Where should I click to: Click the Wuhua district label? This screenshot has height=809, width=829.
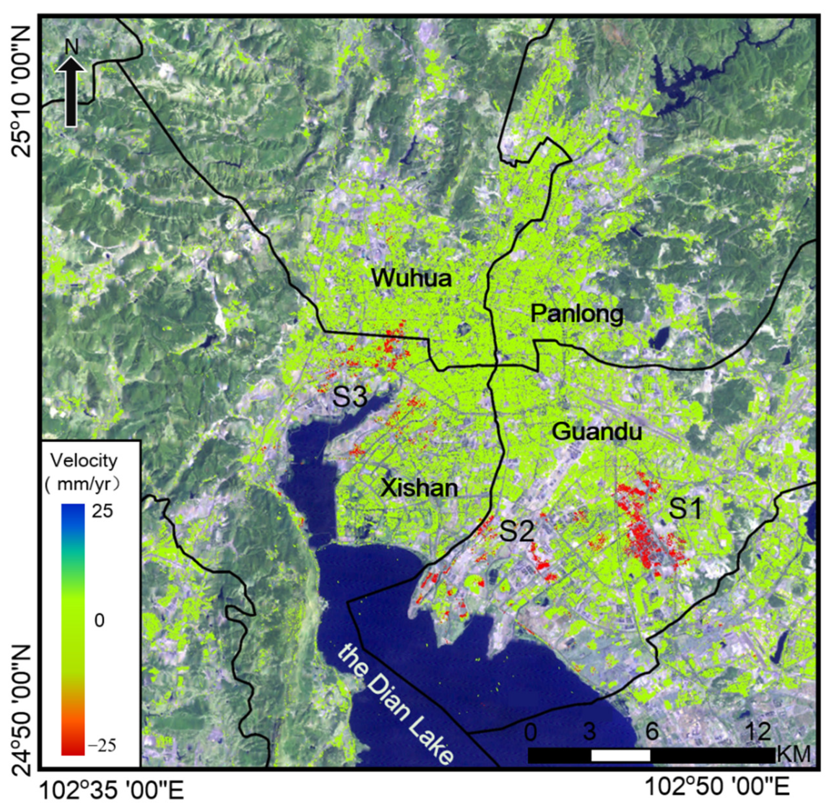click(411, 279)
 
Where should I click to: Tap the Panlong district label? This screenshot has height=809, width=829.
click(577, 314)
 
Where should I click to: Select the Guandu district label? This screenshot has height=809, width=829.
click(596, 432)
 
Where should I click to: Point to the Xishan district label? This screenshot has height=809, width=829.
click(419, 487)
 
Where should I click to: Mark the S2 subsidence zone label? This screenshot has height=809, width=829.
click(516, 531)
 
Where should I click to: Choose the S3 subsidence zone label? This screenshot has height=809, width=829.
click(350, 397)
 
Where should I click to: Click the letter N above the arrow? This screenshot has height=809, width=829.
click(72, 48)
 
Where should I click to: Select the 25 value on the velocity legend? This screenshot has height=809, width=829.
click(102, 511)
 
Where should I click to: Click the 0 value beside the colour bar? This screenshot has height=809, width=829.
click(99, 621)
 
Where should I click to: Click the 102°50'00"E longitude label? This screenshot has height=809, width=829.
click(717, 787)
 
